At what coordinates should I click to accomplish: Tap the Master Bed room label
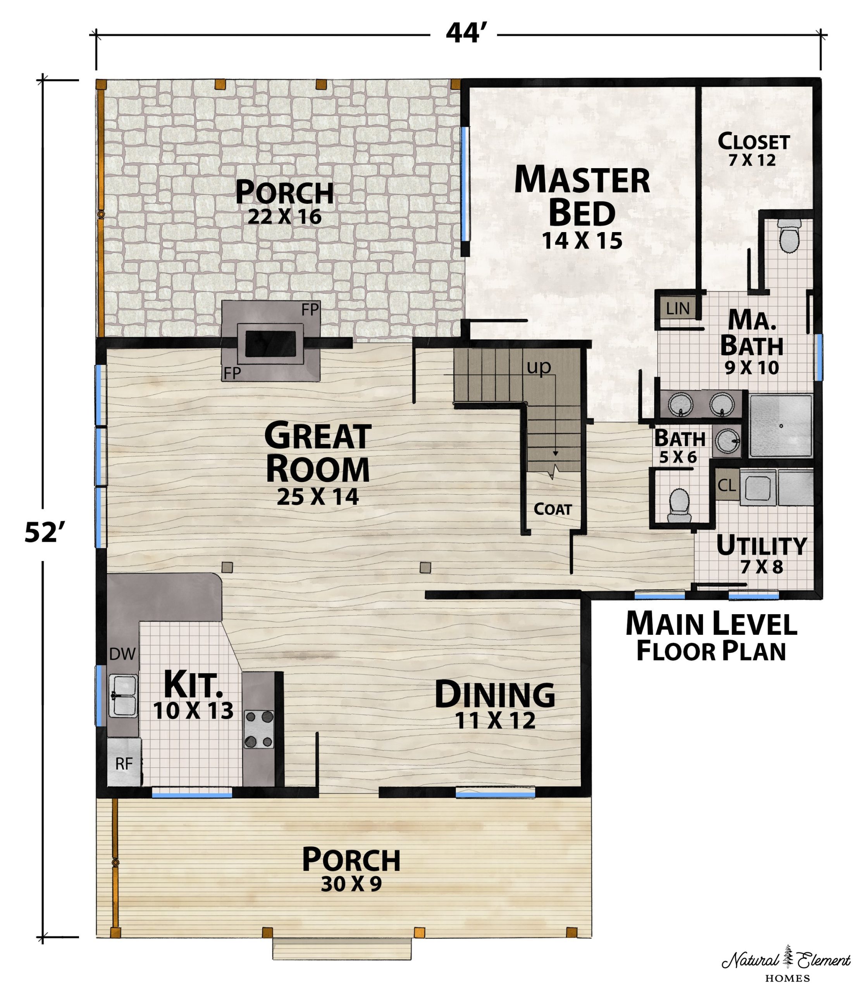(582, 196)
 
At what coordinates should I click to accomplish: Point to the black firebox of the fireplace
(270, 343)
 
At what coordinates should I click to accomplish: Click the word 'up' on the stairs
(539, 367)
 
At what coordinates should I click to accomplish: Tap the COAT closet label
(553, 509)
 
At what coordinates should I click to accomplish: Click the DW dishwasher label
(122, 654)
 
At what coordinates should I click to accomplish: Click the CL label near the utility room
(727, 485)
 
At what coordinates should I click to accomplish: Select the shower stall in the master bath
(781, 425)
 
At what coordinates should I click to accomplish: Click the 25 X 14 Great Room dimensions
(318, 497)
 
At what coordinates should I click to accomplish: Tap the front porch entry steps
(342, 949)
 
